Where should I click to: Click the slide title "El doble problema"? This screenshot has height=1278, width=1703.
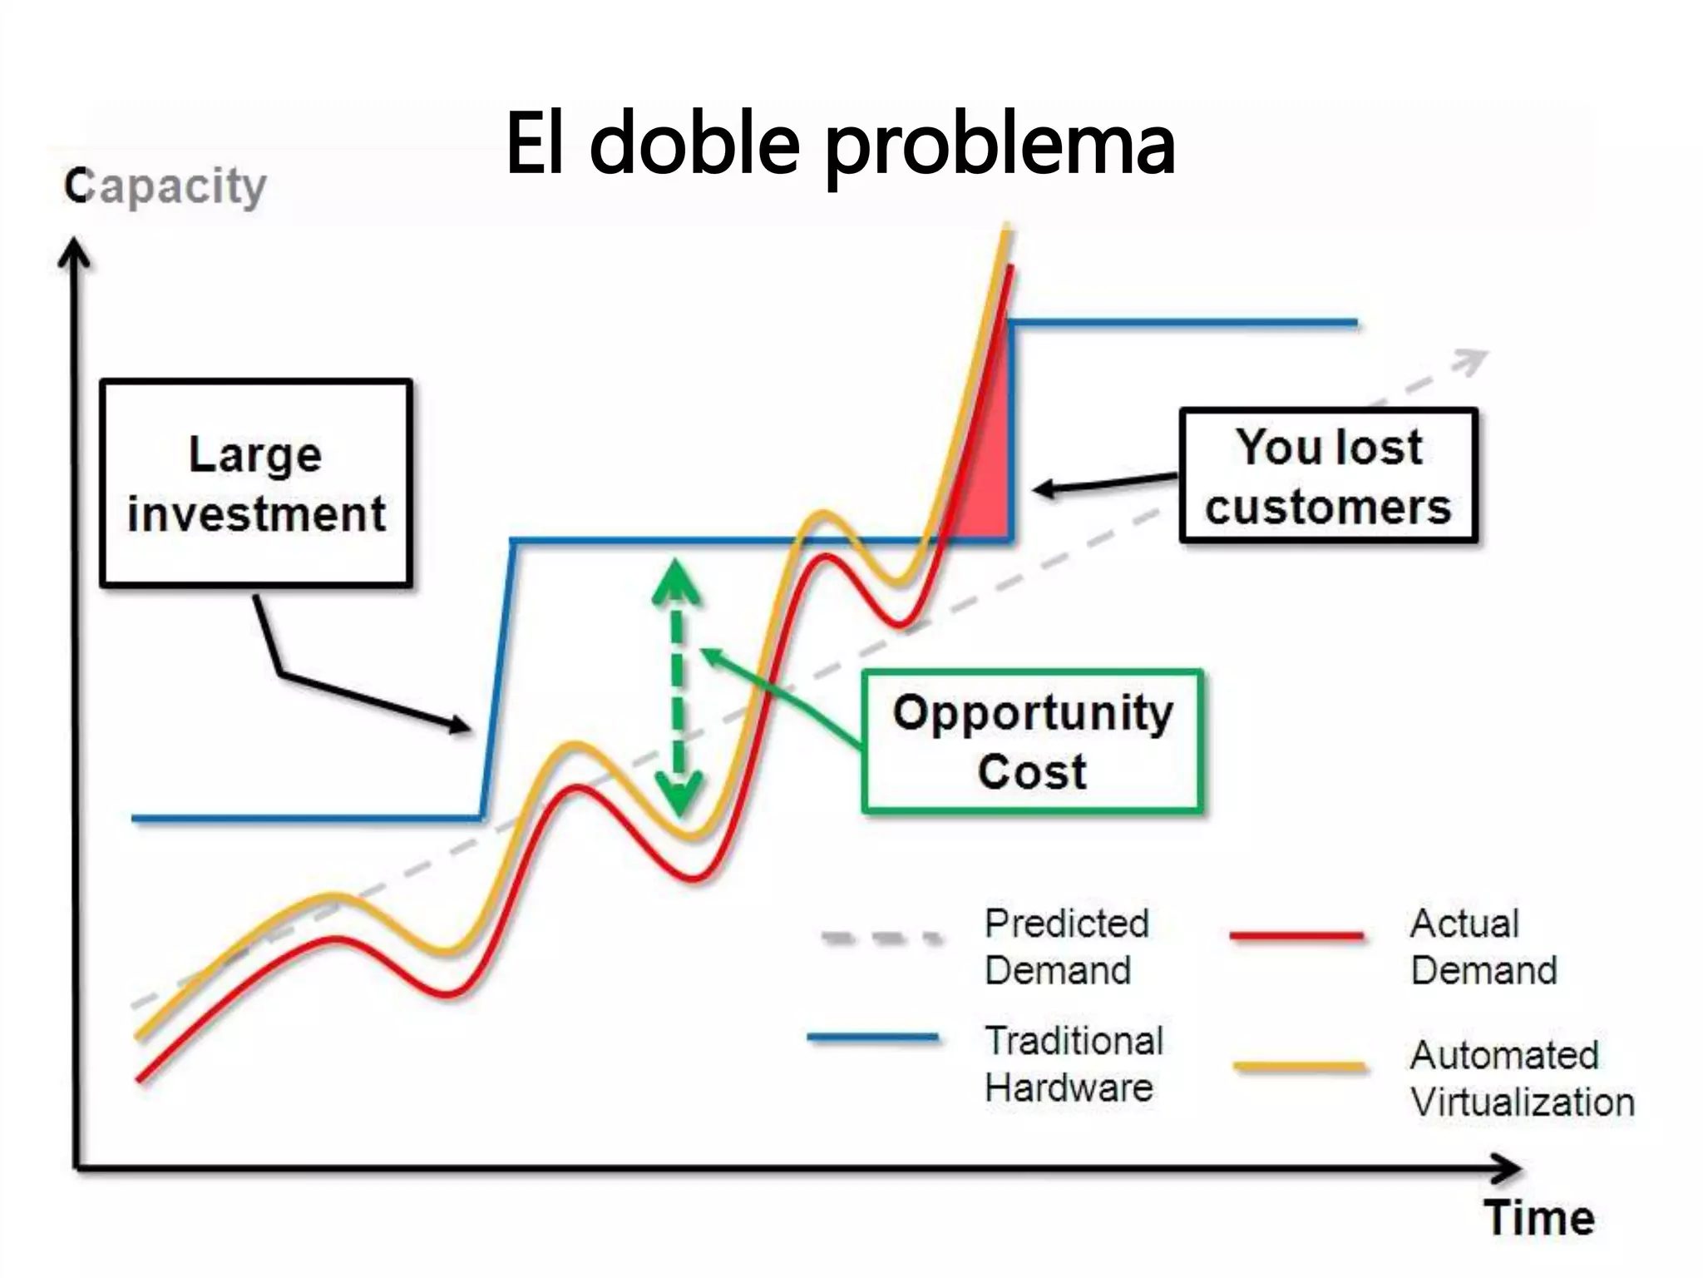point(840,146)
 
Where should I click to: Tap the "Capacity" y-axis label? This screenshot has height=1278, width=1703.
point(165,186)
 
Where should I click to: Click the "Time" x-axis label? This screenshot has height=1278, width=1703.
point(1539,1218)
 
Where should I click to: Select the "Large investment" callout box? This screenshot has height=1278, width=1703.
point(256,483)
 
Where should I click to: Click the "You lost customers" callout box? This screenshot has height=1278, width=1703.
point(1328,476)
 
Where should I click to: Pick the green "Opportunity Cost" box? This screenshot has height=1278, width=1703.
point(1032,741)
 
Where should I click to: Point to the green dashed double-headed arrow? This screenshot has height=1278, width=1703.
point(678,686)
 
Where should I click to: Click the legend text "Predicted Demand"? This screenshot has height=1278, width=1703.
point(1066,947)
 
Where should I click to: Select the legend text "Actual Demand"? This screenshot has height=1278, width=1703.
point(1483,947)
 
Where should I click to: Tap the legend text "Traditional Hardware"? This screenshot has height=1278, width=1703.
point(1074,1064)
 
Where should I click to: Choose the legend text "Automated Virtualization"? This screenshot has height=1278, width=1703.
point(1522,1078)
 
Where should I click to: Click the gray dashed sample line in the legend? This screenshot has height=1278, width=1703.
point(881,939)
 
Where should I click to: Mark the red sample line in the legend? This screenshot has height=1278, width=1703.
point(1296,935)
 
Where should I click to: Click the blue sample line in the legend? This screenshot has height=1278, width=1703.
point(873,1038)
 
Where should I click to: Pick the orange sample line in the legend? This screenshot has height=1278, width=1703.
point(1299,1066)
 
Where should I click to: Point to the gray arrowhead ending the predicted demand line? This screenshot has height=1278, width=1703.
point(1472,360)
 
